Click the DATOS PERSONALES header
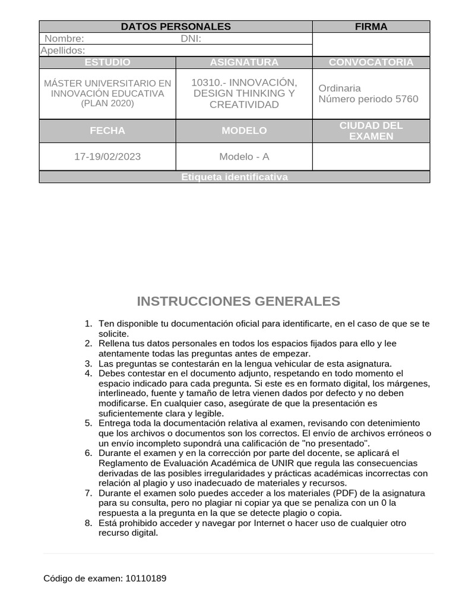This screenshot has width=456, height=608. pyautogui.click(x=176, y=27)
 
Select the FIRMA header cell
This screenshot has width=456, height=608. pyautogui.click(x=371, y=27)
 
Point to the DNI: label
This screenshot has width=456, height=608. pyautogui.click(x=191, y=39)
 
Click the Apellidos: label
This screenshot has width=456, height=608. pyautogui.click(x=62, y=51)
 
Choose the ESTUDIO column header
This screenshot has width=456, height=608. pyautogui.click(x=107, y=62)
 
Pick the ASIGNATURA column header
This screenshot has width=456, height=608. pyautogui.click(x=244, y=62)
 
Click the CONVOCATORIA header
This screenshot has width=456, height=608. pyautogui.click(x=371, y=62)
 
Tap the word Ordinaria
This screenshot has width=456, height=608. pyautogui.click(x=340, y=88)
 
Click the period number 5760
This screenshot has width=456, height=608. pyautogui.click(x=407, y=99)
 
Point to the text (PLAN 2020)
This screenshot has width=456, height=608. pyautogui.click(x=107, y=103)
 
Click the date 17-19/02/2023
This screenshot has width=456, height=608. pyautogui.click(x=107, y=157)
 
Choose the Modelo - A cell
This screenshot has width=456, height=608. pyautogui.click(x=244, y=157)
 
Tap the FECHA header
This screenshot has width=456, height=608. pyautogui.click(x=107, y=131)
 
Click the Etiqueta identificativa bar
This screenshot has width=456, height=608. pyautogui.click(x=235, y=177)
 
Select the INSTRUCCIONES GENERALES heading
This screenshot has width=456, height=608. pyautogui.click(x=238, y=301)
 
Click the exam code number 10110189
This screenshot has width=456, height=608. pyautogui.click(x=146, y=578)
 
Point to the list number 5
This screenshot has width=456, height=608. pyautogui.click(x=88, y=423)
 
